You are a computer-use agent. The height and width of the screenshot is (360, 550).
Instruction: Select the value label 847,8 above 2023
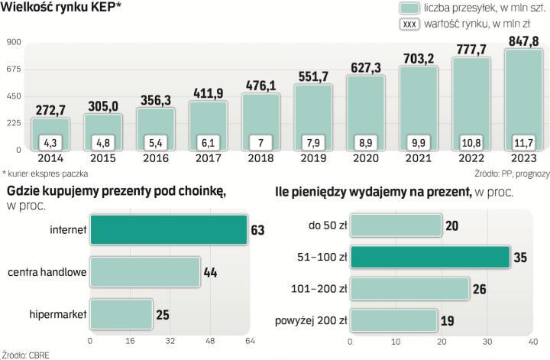pyautogui.click(x=523, y=40)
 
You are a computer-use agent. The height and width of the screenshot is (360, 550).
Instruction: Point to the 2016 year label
pyautogui.click(x=156, y=157)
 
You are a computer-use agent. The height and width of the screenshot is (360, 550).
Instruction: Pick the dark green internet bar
pyautogui.click(x=168, y=229)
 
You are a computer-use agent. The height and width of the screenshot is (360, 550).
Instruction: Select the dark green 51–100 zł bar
pyautogui.click(x=432, y=258)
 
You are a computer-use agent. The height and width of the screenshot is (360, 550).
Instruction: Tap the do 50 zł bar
pyautogui.click(x=398, y=226)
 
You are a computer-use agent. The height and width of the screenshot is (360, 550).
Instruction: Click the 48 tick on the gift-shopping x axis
pyautogui.click(x=208, y=339)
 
